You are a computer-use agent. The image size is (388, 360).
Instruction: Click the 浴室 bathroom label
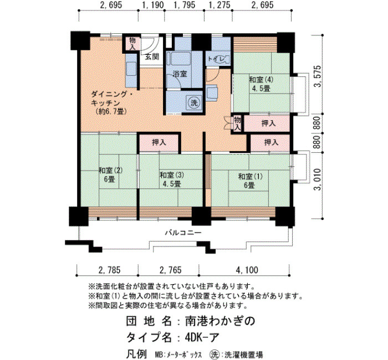[180, 74]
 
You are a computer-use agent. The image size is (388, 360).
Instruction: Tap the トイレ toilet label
[216, 59]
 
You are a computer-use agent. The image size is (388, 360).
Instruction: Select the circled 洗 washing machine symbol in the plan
[194, 102]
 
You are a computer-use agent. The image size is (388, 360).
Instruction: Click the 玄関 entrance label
[152, 57]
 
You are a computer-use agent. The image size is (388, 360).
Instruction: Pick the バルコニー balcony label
[183, 233]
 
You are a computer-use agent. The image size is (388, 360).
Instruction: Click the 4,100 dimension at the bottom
[247, 270]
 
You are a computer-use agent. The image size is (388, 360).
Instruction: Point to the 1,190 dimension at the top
[154, 4]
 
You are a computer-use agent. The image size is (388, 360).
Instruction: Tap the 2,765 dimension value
[171, 270]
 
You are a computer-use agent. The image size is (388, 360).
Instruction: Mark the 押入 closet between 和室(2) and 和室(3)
[159, 142]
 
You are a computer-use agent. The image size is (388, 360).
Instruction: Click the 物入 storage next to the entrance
[132, 43]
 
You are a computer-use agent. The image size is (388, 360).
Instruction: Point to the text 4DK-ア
[202, 337]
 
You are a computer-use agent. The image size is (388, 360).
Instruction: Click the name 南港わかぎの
[220, 321]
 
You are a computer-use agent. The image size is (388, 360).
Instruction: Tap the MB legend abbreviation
[159, 354]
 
